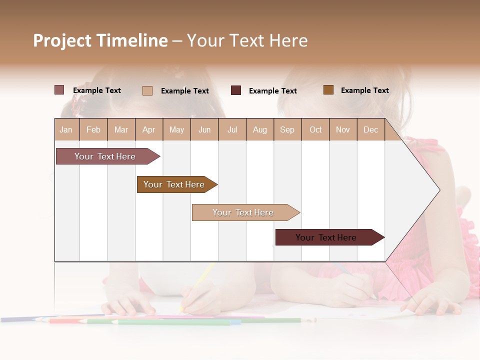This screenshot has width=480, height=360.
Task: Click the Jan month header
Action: click(x=66, y=129)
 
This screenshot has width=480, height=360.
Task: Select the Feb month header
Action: click(x=93, y=129)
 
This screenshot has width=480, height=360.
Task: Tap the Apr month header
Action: click(x=148, y=129)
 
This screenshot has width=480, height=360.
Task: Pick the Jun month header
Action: click(x=204, y=129)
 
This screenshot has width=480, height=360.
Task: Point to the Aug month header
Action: click(x=259, y=129)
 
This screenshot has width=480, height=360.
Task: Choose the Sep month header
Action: click(x=287, y=129)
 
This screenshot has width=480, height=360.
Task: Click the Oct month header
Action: click(x=315, y=129)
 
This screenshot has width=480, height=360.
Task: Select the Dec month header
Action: click(x=370, y=129)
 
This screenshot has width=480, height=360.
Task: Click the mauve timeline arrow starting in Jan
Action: click(x=105, y=156)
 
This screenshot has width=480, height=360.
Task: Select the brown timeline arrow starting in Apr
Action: click(x=174, y=184)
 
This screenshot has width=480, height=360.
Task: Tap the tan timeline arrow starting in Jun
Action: click(x=243, y=212)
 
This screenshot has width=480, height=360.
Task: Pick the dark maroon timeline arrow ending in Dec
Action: click(x=326, y=237)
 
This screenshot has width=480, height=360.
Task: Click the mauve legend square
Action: click(x=59, y=90)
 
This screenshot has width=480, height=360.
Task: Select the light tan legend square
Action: click(x=147, y=90)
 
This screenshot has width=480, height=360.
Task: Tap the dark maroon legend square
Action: click(x=236, y=90)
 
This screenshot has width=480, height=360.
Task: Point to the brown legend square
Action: click(x=328, y=90)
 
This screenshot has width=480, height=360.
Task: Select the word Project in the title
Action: click(x=62, y=40)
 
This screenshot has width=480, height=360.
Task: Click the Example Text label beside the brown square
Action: click(x=364, y=90)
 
